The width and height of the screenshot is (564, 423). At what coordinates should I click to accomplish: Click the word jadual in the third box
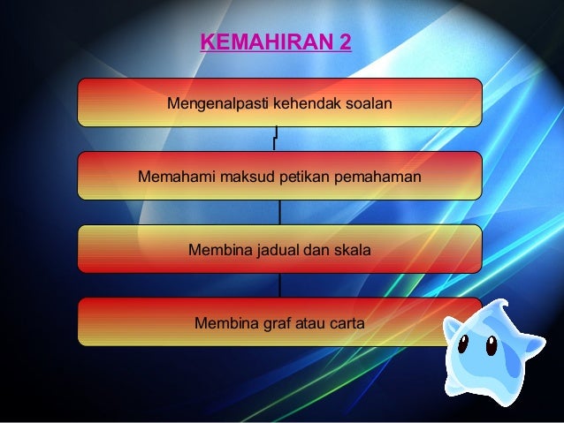coord(277,251)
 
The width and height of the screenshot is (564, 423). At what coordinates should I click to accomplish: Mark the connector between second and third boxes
coord(279,212)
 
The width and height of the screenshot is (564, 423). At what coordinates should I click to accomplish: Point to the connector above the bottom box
coord(279,285)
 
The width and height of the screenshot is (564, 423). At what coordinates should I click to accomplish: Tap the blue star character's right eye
coord(492,346)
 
